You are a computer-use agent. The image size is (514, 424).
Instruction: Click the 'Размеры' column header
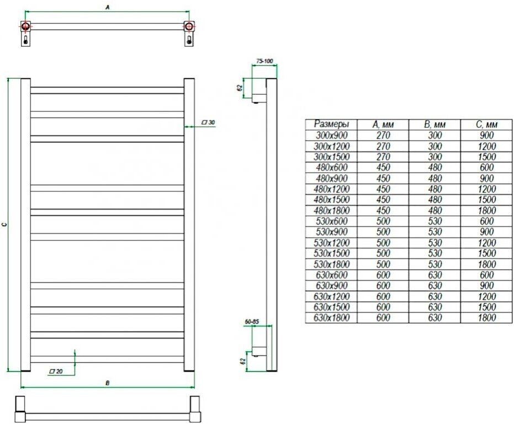(x=331, y=124)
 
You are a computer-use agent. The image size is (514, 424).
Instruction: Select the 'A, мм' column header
(x=383, y=125)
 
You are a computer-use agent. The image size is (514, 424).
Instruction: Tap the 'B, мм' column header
(x=434, y=125)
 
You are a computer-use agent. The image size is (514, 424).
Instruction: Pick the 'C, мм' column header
(x=486, y=125)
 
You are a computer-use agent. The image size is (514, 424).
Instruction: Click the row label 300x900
(x=331, y=135)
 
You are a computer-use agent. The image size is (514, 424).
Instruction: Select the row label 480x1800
(x=331, y=210)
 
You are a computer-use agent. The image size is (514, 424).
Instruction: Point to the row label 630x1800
(x=331, y=318)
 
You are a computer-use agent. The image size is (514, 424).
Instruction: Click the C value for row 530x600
(x=486, y=221)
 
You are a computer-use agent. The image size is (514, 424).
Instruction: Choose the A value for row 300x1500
(x=383, y=157)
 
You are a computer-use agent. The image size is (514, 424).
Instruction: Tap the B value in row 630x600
(x=434, y=275)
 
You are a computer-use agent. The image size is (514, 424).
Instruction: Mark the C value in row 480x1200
(x=486, y=189)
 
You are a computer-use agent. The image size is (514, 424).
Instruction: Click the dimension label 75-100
(x=265, y=61)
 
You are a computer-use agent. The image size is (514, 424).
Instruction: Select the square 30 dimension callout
(x=208, y=122)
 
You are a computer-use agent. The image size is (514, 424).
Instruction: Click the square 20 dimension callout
(x=55, y=371)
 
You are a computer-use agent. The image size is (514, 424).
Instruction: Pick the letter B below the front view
(x=108, y=383)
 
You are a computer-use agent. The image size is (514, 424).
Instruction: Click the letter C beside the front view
(x=4, y=225)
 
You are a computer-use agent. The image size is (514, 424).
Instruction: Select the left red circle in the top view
(x=26, y=26)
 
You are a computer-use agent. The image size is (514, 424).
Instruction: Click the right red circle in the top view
(x=189, y=26)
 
